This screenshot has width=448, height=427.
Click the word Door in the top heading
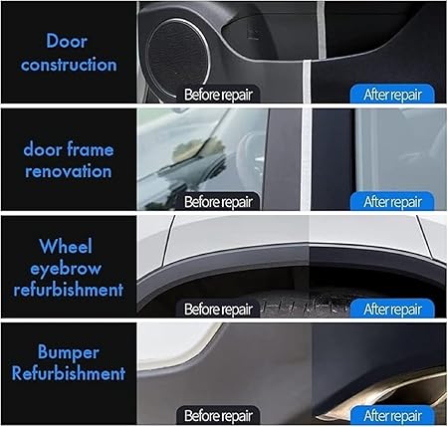[67, 41]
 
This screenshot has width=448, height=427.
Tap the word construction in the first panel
[69, 65]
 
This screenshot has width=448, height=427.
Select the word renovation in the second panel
[69, 171]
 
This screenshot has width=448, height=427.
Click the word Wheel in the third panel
[66, 246]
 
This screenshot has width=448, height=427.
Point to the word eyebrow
[66, 269]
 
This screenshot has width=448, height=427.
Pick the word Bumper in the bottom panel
[69, 352]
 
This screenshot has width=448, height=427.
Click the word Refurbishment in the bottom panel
[69, 373]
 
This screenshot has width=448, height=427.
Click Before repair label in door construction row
[218, 95]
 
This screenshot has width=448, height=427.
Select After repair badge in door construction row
[392, 95]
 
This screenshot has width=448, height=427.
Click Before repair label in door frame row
[218, 201]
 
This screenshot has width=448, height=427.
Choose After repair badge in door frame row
[392, 201]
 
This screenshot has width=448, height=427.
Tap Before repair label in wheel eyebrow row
[218, 309]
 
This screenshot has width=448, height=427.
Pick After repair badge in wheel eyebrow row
[392, 309]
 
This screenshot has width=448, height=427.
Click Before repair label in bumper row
[218, 415]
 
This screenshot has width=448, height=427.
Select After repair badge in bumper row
[392, 415]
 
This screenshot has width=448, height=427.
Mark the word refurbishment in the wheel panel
[69, 290]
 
